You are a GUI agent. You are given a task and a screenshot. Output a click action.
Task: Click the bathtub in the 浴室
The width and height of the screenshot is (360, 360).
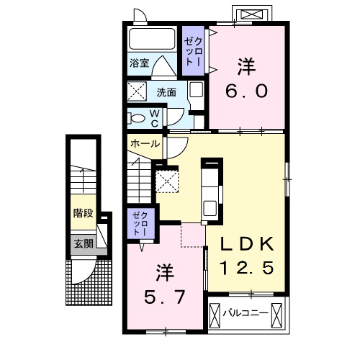[x=152, y=39]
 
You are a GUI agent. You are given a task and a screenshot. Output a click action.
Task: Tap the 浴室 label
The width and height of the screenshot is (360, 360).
[x=140, y=63]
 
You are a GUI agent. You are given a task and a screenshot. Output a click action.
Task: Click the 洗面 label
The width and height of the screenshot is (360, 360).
[x=166, y=92]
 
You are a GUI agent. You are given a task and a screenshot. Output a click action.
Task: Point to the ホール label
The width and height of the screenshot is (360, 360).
[x=145, y=144]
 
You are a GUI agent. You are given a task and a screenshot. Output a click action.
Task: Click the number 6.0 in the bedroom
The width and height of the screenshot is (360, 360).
[x=246, y=91]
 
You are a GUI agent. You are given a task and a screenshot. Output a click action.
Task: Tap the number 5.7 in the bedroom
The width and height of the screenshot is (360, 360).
[x=164, y=297]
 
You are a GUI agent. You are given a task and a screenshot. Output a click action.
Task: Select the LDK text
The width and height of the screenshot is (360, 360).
[x=247, y=244]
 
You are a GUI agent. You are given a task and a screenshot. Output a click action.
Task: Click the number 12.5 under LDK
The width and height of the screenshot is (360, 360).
[x=247, y=268]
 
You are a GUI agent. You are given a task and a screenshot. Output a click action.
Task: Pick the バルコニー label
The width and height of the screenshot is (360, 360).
[x=246, y=313]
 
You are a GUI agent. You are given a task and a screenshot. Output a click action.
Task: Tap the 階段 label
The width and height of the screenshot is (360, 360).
[x=84, y=212]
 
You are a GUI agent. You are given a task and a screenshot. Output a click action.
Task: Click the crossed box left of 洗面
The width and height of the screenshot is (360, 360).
[x=137, y=91]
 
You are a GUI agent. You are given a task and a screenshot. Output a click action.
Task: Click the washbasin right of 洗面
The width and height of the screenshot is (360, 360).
[x=196, y=90]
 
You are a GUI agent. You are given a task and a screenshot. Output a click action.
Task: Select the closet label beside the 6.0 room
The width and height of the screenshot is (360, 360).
[x=193, y=51]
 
